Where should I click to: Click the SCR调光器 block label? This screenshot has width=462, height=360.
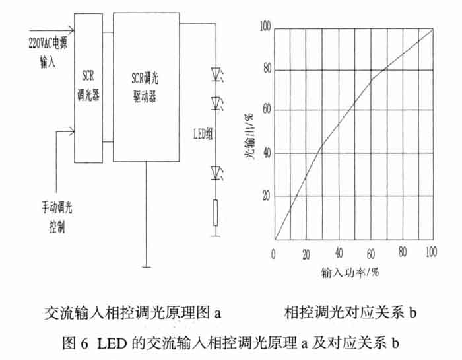tap(88, 86)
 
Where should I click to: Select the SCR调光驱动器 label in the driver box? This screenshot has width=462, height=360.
tap(145, 88)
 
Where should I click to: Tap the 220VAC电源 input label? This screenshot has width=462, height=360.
tap(48, 43)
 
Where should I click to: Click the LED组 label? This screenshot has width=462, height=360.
tap(203, 134)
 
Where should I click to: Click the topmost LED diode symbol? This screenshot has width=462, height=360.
tap(217, 74)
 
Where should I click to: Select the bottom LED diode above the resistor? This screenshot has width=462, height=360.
tap(217, 173)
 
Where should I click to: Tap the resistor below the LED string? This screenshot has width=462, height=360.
tap(216, 213)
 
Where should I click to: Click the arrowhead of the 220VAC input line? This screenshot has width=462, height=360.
tap(71, 30)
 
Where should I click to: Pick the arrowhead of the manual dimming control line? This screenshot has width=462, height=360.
tap(71, 131)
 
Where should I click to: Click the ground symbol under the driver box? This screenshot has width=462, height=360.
tap(146, 267)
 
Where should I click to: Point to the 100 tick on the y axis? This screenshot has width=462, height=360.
tap(265, 27)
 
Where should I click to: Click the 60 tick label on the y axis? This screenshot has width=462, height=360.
tap(267, 110)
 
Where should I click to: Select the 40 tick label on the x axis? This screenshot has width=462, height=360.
tap(339, 253)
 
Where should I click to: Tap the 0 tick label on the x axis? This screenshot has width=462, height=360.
tap(273, 254)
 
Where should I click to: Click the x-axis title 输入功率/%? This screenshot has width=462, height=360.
tap(350, 272)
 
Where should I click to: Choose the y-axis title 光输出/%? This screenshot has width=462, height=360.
tap(249, 136)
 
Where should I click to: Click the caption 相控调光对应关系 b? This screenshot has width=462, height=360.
tap(350, 312)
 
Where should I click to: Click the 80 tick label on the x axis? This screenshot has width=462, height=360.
tap(403, 252)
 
